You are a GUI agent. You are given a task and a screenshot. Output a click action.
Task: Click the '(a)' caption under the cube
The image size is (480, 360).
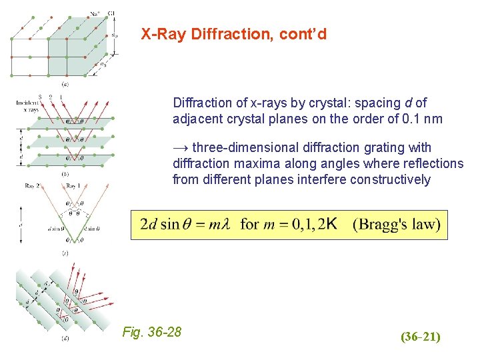65,85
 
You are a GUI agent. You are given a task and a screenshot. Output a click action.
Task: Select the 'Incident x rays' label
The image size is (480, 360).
27,105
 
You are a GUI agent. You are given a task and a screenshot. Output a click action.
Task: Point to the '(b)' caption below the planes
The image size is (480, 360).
65,174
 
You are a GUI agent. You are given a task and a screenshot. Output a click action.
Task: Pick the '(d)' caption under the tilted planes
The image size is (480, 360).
65,338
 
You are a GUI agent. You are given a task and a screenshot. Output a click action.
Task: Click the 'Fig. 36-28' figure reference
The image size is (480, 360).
152,332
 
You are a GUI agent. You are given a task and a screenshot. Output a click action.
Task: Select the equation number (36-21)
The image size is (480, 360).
420,337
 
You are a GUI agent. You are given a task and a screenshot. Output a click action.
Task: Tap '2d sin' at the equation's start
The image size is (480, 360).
160,225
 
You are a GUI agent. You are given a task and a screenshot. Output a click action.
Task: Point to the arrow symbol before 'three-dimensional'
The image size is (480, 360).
181,147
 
